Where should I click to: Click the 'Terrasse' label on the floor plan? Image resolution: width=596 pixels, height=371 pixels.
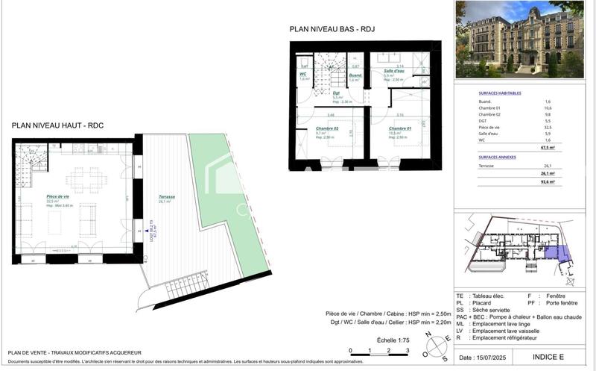click(167, 197)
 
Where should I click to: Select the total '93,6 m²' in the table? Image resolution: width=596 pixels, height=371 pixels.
click(569, 181)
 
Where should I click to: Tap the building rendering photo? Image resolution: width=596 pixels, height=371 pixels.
click(520, 39)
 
